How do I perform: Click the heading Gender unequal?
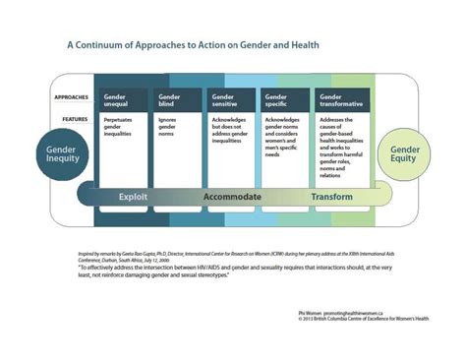[118, 100]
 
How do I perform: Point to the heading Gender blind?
[171, 100]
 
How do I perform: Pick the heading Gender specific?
[281, 100]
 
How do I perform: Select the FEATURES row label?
[70, 118]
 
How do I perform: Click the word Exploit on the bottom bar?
[134, 196]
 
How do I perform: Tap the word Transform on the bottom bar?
[331, 196]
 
